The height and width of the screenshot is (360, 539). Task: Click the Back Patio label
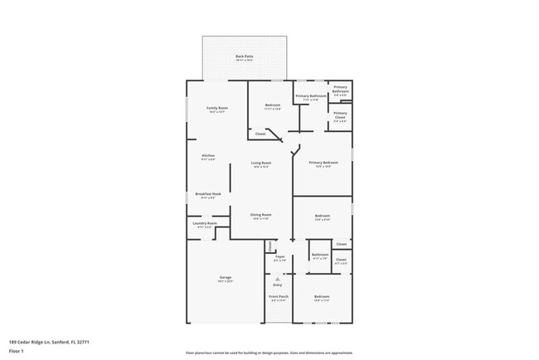[x=244, y=56]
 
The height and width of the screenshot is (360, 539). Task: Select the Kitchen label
[x=208, y=156]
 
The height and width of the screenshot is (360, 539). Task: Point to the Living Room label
[x=261, y=163]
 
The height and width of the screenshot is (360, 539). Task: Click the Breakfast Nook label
[x=208, y=194]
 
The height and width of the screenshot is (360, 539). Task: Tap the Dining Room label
[x=261, y=215]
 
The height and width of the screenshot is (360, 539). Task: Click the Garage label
[x=226, y=277]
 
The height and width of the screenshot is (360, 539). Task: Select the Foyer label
[x=279, y=257]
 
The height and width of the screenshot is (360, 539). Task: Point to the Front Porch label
[x=279, y=296]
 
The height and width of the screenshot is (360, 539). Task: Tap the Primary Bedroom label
[x=322, y=163]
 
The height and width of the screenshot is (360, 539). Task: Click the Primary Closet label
[x=340, y=116]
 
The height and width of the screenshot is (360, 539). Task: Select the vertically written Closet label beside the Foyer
[x=269, y=246]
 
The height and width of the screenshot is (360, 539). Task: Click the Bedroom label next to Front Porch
[x=322, y=296]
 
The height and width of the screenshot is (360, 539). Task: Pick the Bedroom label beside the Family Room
[x=273, y=105]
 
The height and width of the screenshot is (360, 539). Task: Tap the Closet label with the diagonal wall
[x=260, y=134]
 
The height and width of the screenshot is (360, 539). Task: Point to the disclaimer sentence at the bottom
[x=269, y=353]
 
